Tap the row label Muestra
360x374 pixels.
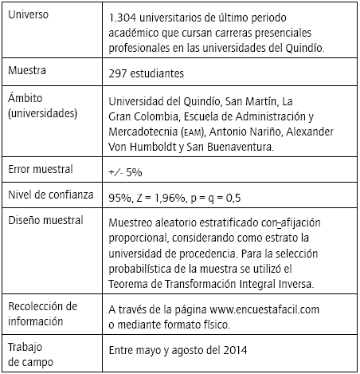(x=26, y=70)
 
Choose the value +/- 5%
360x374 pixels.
(x=125, y=172)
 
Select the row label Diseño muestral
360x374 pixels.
(x=45, y=219)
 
